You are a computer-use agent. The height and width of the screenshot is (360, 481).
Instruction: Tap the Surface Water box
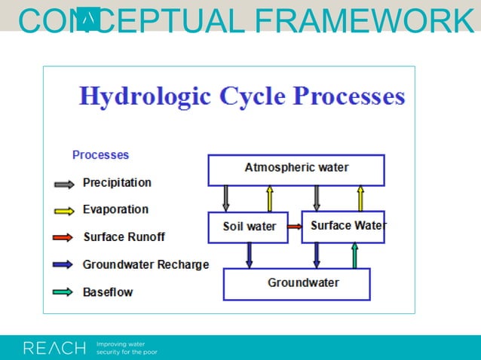tap(343, 227)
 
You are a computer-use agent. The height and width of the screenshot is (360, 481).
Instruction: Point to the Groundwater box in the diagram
tap(296, 284)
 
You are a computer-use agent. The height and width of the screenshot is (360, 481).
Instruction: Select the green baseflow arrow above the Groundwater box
tap(355, 255)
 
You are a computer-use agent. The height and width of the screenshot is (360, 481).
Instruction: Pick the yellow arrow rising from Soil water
tap(269, 199)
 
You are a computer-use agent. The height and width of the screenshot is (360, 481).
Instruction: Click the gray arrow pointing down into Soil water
tap(225, 199)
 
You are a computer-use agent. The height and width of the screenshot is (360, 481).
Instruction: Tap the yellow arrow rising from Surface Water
tap(360, 199)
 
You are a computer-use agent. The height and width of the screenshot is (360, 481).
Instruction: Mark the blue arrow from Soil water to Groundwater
tap(250, 255)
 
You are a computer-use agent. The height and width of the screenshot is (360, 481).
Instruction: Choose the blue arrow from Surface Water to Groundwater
tap(317, 255)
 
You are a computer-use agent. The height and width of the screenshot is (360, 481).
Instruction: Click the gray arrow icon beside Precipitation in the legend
tap(64, 183)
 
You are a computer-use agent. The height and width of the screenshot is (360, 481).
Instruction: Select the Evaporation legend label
tap(115, 209)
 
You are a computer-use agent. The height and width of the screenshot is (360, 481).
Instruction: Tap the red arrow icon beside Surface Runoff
tap(64, 237)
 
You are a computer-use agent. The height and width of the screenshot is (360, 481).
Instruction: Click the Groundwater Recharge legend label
tap(146, 264)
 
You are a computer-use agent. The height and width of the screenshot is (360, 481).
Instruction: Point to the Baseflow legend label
tap(108, 291)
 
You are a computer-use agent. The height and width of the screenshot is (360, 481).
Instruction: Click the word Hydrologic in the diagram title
tap(145, 97)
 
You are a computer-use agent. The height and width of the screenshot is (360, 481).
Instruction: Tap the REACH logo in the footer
tap(54, 348)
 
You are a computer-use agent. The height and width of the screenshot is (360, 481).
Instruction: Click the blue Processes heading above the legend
tap(100, 155)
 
